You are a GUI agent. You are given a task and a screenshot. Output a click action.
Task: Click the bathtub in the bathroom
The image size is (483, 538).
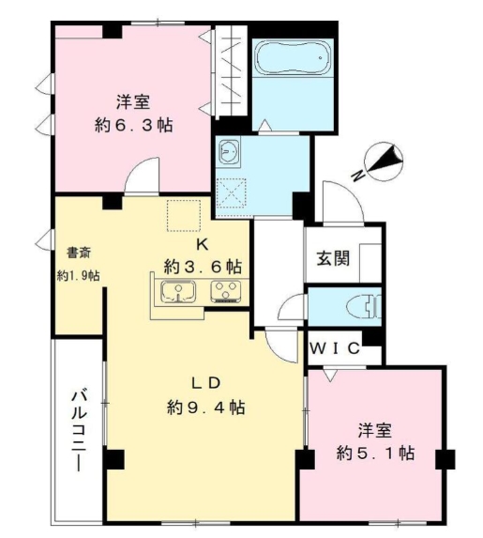coord(292,58)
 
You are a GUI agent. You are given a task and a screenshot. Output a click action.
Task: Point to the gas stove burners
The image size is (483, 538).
coord(226,291)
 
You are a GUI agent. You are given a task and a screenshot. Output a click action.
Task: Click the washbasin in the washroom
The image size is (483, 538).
coord(230,151)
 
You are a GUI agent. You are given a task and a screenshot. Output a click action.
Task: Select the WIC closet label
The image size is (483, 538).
coord(335,348)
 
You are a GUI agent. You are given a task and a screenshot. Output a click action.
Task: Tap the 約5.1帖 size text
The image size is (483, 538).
coord(377,453)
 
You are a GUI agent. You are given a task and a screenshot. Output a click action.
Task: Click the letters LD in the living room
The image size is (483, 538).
coord(205,383)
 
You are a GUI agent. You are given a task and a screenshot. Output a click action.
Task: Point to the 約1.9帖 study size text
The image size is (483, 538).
coord(78,276)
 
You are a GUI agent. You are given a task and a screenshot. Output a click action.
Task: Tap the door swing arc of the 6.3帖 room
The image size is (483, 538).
coord(143,176)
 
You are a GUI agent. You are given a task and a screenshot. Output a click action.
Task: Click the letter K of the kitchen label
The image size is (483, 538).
coord(201,243)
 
